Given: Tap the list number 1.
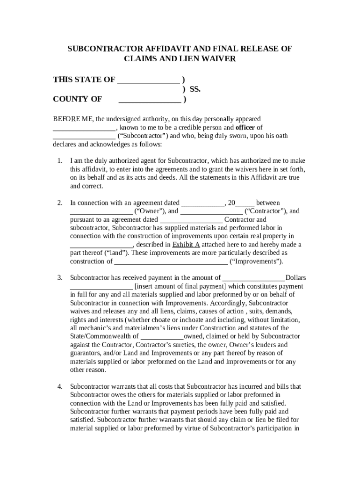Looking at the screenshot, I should (60, 161).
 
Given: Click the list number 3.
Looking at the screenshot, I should (60, 278).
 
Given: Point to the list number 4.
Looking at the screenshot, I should (60, 386).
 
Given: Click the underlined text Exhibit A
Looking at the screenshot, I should (186, 245).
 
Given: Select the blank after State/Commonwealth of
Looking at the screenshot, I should (162, 336).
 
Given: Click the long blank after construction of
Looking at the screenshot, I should (171, 261).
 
